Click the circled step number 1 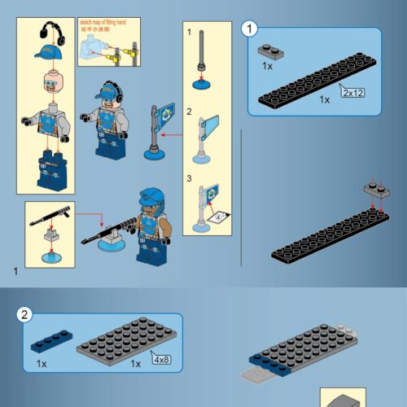pos(251,29)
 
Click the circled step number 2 pos(27,316)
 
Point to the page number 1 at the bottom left pos(15,269)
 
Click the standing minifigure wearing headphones pos(103,118)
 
